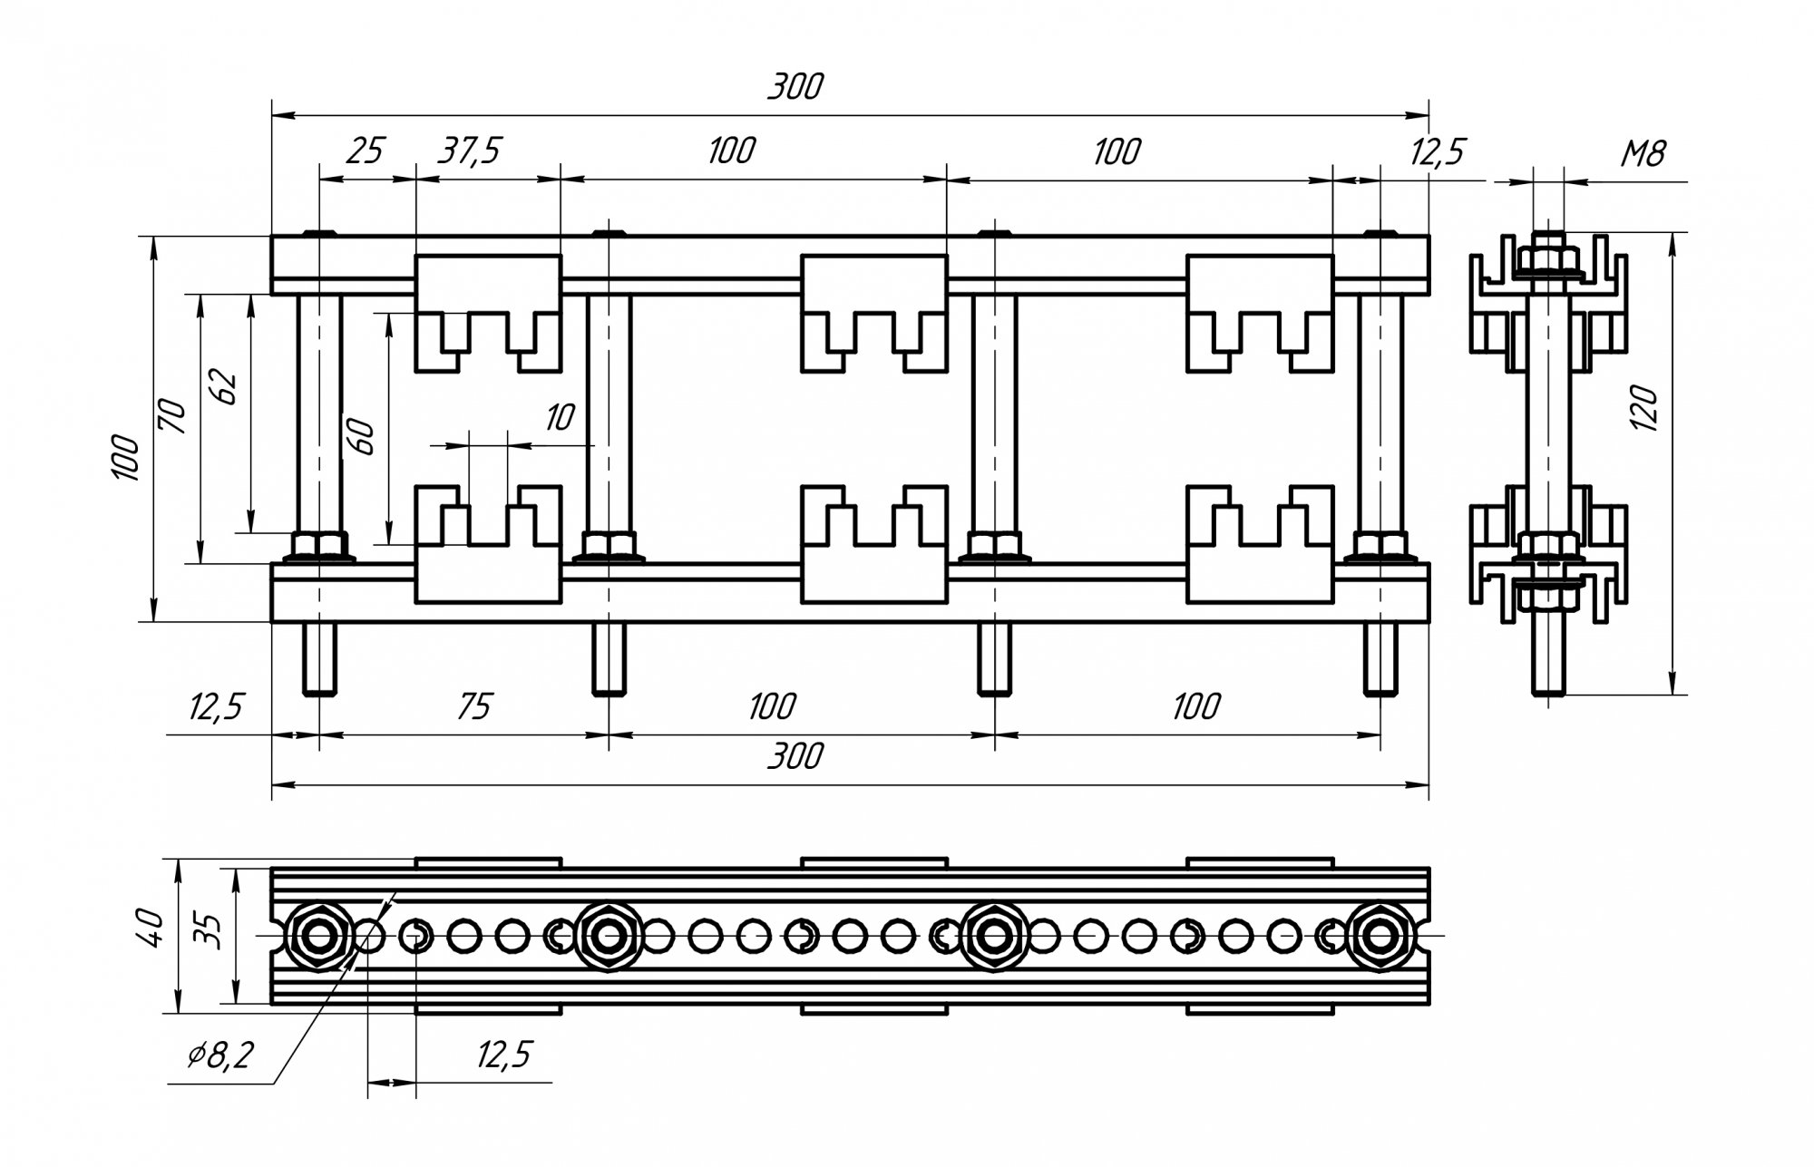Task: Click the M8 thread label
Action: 1643,154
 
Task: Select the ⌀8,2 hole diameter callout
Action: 220,1055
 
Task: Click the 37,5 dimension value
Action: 468,151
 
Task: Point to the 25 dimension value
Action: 366,151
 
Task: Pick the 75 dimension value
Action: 473,705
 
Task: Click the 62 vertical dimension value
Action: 226,388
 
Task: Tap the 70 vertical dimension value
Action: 173,416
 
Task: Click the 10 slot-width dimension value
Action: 560,417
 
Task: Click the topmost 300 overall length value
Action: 795,86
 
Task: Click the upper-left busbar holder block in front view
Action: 488,313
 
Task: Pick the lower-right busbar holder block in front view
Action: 1260,545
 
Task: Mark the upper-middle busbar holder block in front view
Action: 874,313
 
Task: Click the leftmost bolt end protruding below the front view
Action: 319,659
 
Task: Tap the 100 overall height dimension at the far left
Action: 125,458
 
